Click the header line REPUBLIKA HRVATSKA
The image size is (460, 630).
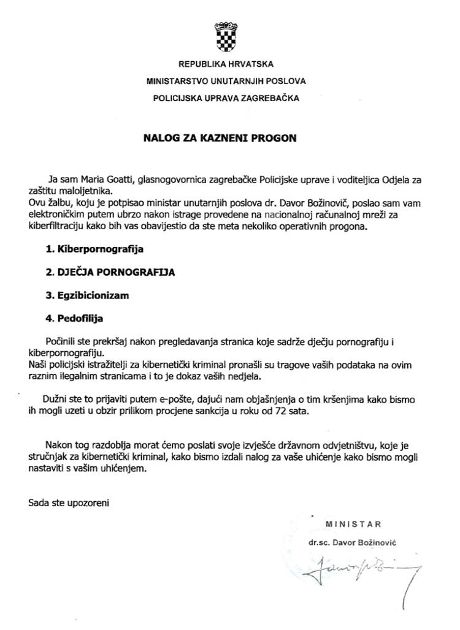point(226,64)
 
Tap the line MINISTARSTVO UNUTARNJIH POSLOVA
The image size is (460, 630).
point(226,80)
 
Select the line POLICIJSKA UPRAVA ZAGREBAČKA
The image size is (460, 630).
point(226,97)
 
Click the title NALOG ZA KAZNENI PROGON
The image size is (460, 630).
point(220,139)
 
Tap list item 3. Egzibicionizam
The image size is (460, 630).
point(87,295)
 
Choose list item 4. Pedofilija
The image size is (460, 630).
point(74,319)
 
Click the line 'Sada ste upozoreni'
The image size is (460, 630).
point(69,503)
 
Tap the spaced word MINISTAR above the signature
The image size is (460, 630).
point(353,524)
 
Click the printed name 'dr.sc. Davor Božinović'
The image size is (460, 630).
point(354,542)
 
